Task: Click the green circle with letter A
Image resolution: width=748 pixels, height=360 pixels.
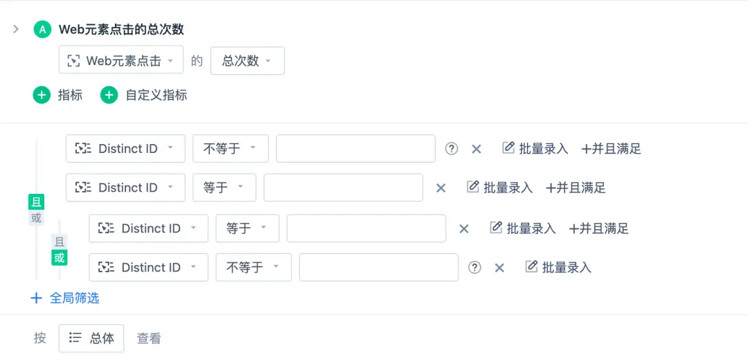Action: click(42, 30)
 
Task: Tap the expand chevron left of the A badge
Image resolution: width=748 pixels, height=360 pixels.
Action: click(16, 30)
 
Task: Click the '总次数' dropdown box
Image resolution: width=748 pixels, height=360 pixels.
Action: click(247, 60)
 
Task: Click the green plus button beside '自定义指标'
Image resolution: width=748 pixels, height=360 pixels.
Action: click(109, 96)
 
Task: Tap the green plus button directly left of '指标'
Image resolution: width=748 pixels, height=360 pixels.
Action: click(42, 96)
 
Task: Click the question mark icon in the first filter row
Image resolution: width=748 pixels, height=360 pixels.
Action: click(452, 149)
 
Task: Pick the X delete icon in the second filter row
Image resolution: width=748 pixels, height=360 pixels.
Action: click(440, 188)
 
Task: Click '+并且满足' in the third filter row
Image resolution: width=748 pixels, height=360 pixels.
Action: click(598, 228)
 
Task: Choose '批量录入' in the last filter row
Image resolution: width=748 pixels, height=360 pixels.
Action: click(559, 267)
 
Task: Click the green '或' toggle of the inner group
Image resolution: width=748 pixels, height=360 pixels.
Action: click(59, 258)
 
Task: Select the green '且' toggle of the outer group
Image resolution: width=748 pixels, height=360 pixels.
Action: click(36, 202)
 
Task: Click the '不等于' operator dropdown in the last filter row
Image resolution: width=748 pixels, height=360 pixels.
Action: click(253, 267)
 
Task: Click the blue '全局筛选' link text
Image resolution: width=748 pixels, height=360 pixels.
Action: click(74, 298)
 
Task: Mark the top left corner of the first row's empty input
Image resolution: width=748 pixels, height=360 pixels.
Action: click(276, 135)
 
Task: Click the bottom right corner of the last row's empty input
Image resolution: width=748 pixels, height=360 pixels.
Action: click(458, 281)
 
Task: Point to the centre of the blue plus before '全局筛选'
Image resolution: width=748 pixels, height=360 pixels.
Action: click(36, 298)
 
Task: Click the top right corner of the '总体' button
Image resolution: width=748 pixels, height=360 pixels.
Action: click(123, 325)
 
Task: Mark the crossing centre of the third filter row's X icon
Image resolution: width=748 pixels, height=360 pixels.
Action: click(463, 229)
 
